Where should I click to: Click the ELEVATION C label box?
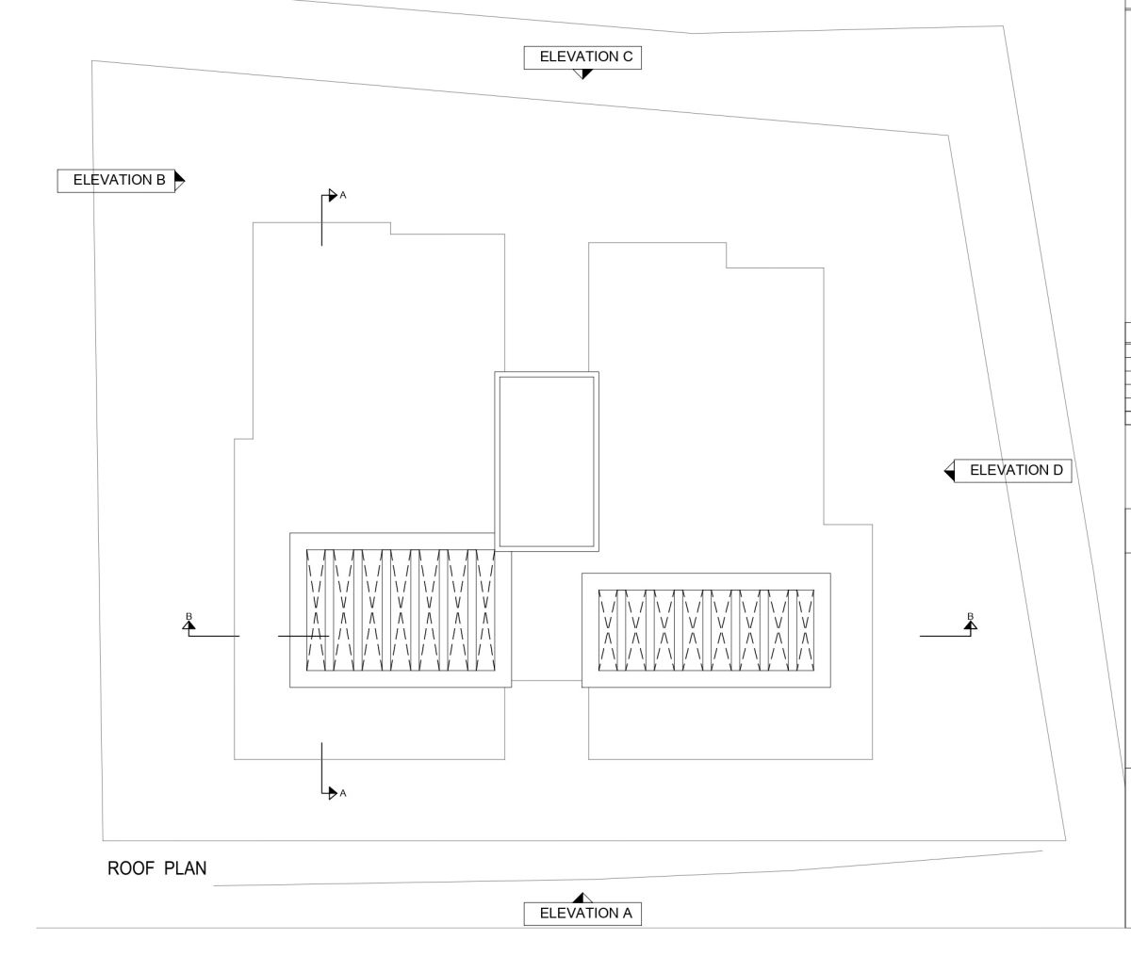coord(582,57)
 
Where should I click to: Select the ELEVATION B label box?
coord(116,181)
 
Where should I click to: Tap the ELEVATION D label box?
coord(1012,471)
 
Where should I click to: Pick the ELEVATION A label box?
coord(582,914)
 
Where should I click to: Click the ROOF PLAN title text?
coord(157,868)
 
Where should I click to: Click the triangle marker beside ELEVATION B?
coord(180,181)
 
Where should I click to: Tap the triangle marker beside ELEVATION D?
coord(949,471)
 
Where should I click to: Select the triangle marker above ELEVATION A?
coord(582,898)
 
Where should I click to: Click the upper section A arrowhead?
coord(333,195)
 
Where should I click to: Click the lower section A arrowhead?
coord(333,793)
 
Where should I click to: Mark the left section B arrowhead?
coord(188,625)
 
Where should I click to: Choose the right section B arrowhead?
coord(970,625)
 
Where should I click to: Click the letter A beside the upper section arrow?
coord(343,195)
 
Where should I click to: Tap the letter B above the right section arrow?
coord(970,616)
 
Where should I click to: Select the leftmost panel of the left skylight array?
coord(315,610)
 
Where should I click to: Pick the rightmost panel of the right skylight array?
coord(805,631)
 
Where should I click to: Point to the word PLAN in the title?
coord(186,868)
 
